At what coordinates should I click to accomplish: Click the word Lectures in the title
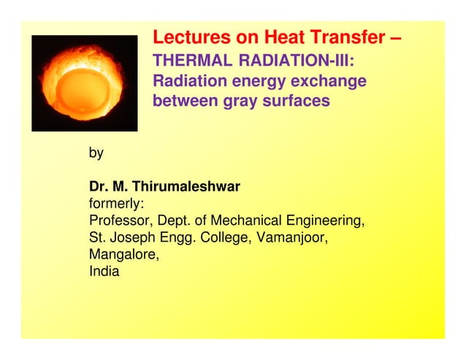(186, 37)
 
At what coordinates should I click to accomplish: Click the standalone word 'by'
(96, 153)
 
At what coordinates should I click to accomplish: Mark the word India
(104, 272)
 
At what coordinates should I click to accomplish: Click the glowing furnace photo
(85, 83)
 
